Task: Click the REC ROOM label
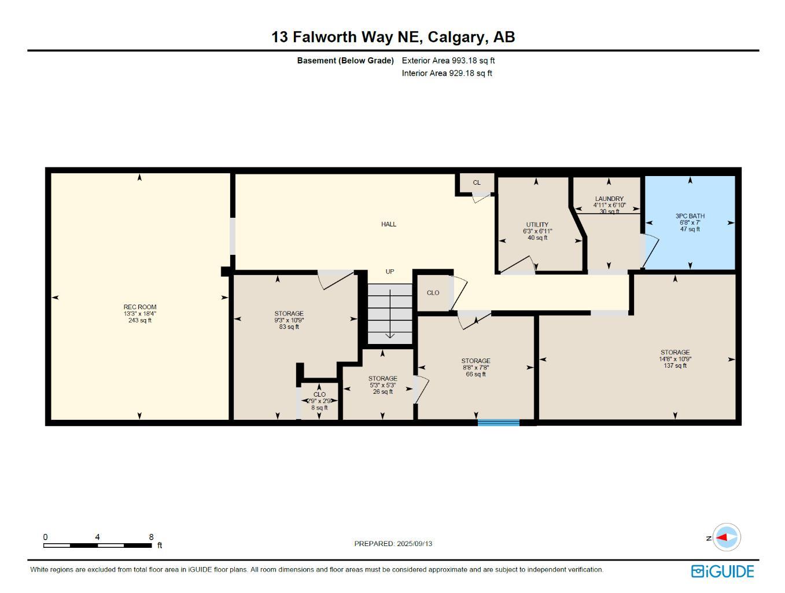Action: pos(139,307)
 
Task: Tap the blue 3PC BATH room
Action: pos(690,222)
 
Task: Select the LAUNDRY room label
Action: pos(609,199)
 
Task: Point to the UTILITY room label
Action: pos(537,225)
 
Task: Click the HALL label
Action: pos(389,224)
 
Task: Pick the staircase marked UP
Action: pos(390,313)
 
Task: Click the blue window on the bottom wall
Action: pos(498,423)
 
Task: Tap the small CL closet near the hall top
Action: pos(477,182)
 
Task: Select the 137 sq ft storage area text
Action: pos(675,365)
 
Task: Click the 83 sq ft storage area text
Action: pos(289,327)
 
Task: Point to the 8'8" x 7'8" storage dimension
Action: pos(476,367)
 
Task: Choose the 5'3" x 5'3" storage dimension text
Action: pos(382,385)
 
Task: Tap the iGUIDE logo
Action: pos(723,571)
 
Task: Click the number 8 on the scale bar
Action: pos(151,537)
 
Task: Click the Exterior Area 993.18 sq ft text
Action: pos(448,60)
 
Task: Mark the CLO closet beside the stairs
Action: pos(433,292)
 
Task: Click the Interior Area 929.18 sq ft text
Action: pos(447,73)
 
